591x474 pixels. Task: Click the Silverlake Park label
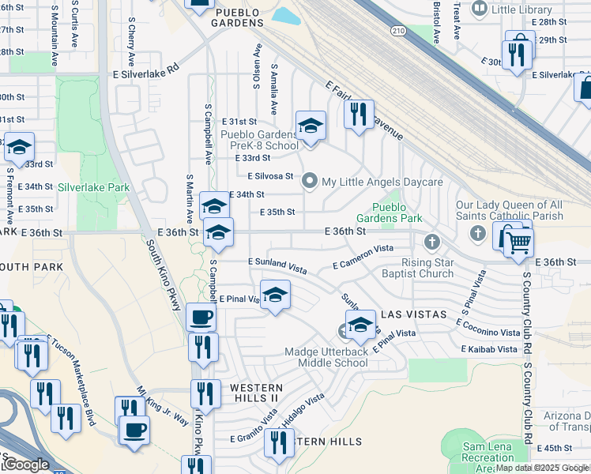[93, 188]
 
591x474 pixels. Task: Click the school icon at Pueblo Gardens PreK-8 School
[311, 126]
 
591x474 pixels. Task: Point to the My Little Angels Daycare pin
[311, 182]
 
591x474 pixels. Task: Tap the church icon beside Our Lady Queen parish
[477, 233]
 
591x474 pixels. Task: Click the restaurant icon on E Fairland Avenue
[359, 114]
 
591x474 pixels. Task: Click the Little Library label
[522, 9]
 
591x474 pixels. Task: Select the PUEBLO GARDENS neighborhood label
[237, 23]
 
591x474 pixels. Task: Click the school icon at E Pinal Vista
[274, 295]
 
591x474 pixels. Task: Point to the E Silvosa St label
[270, 176]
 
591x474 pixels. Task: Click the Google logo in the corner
[25, 465]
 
